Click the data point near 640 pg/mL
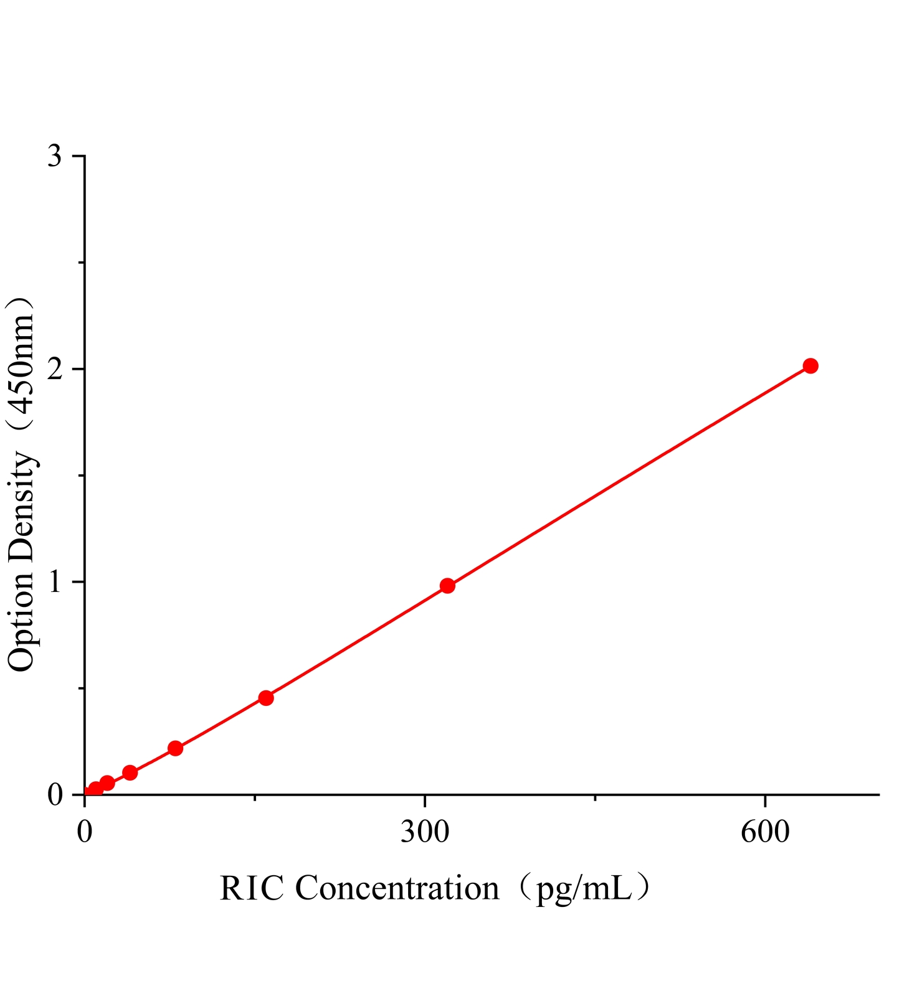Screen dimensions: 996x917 coord(810,365)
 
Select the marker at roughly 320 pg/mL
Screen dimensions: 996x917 coord(447,585)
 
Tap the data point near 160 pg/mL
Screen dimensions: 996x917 coord(266,698)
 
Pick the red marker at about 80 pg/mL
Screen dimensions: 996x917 coord(176,748)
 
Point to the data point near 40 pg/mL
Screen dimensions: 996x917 coord(130,773)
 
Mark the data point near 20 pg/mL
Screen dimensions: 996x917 coord(107,782)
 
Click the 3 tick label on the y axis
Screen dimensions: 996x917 coord(55,156)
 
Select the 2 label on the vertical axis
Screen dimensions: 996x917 coord(55,369)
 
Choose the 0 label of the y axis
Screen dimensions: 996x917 coord(55,795)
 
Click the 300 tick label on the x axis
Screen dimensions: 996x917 coord(425,832)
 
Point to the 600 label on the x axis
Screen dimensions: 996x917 coord(764,832)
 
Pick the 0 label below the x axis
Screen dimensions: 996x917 coord(85,832)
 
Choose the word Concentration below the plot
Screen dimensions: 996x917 coord(397,889)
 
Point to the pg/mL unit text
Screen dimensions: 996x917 coord(582,889)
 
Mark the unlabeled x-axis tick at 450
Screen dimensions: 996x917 coord(595,797)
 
